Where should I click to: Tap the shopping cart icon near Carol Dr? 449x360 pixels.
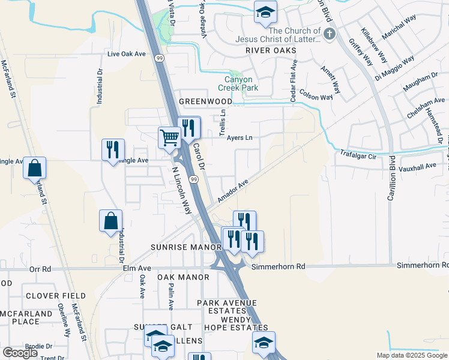(x=169, y=137)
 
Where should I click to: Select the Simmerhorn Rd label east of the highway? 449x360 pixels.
(x=279, y=266)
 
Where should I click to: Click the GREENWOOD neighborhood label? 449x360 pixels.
(x=205, y=102)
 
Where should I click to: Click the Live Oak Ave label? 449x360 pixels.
(x=127, y=54)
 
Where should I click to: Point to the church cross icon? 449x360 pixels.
(x=328, y=35)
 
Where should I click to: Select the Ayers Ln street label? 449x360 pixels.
(x=240, y=137)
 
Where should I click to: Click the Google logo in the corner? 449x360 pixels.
(x=20, y=353)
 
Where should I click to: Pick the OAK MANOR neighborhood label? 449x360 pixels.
(x=184, y=277)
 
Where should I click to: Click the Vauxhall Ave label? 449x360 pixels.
(x=418, y=164)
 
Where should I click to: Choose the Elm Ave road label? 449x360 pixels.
(x=137, y=268)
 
